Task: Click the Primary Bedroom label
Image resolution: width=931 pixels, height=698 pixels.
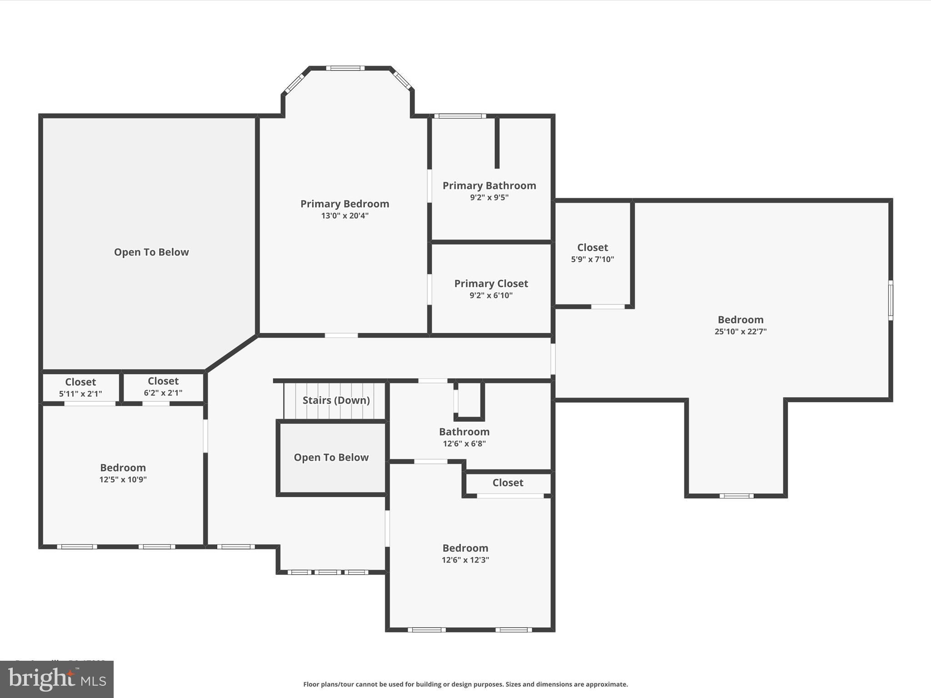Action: tap(345, 204)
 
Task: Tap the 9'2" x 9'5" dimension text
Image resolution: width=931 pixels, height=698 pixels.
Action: tap(489, 198)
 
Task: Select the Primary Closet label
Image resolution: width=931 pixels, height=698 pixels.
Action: tap(491, 284)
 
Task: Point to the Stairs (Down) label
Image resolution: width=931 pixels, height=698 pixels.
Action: tap(336, 400)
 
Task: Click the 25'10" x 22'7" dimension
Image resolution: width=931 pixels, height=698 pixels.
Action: tap(740, 332)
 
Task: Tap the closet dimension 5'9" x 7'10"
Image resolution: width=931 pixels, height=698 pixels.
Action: tap(592, 259)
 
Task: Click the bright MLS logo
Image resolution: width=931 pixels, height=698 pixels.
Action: tap(57, 679)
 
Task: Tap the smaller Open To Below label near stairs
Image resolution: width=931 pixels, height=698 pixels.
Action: tap(331, 458)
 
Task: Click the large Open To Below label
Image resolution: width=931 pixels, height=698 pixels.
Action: tap(151, 252)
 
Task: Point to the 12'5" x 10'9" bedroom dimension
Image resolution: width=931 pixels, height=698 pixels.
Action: tap(123, 479)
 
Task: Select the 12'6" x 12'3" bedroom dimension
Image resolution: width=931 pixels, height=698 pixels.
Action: tap(465, 560)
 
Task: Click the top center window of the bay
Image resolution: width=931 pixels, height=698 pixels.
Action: tap(345, 68)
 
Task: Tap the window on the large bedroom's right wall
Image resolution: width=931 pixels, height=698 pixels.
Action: tap(891, 300)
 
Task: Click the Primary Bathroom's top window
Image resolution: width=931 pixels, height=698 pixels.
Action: tap(460, 116)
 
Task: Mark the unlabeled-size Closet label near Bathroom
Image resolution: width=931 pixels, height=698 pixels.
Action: tap(508, 483)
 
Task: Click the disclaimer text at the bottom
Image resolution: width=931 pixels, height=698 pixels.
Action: tap(465, 684)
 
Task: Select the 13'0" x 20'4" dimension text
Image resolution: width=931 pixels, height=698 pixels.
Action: tap(345, 216)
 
